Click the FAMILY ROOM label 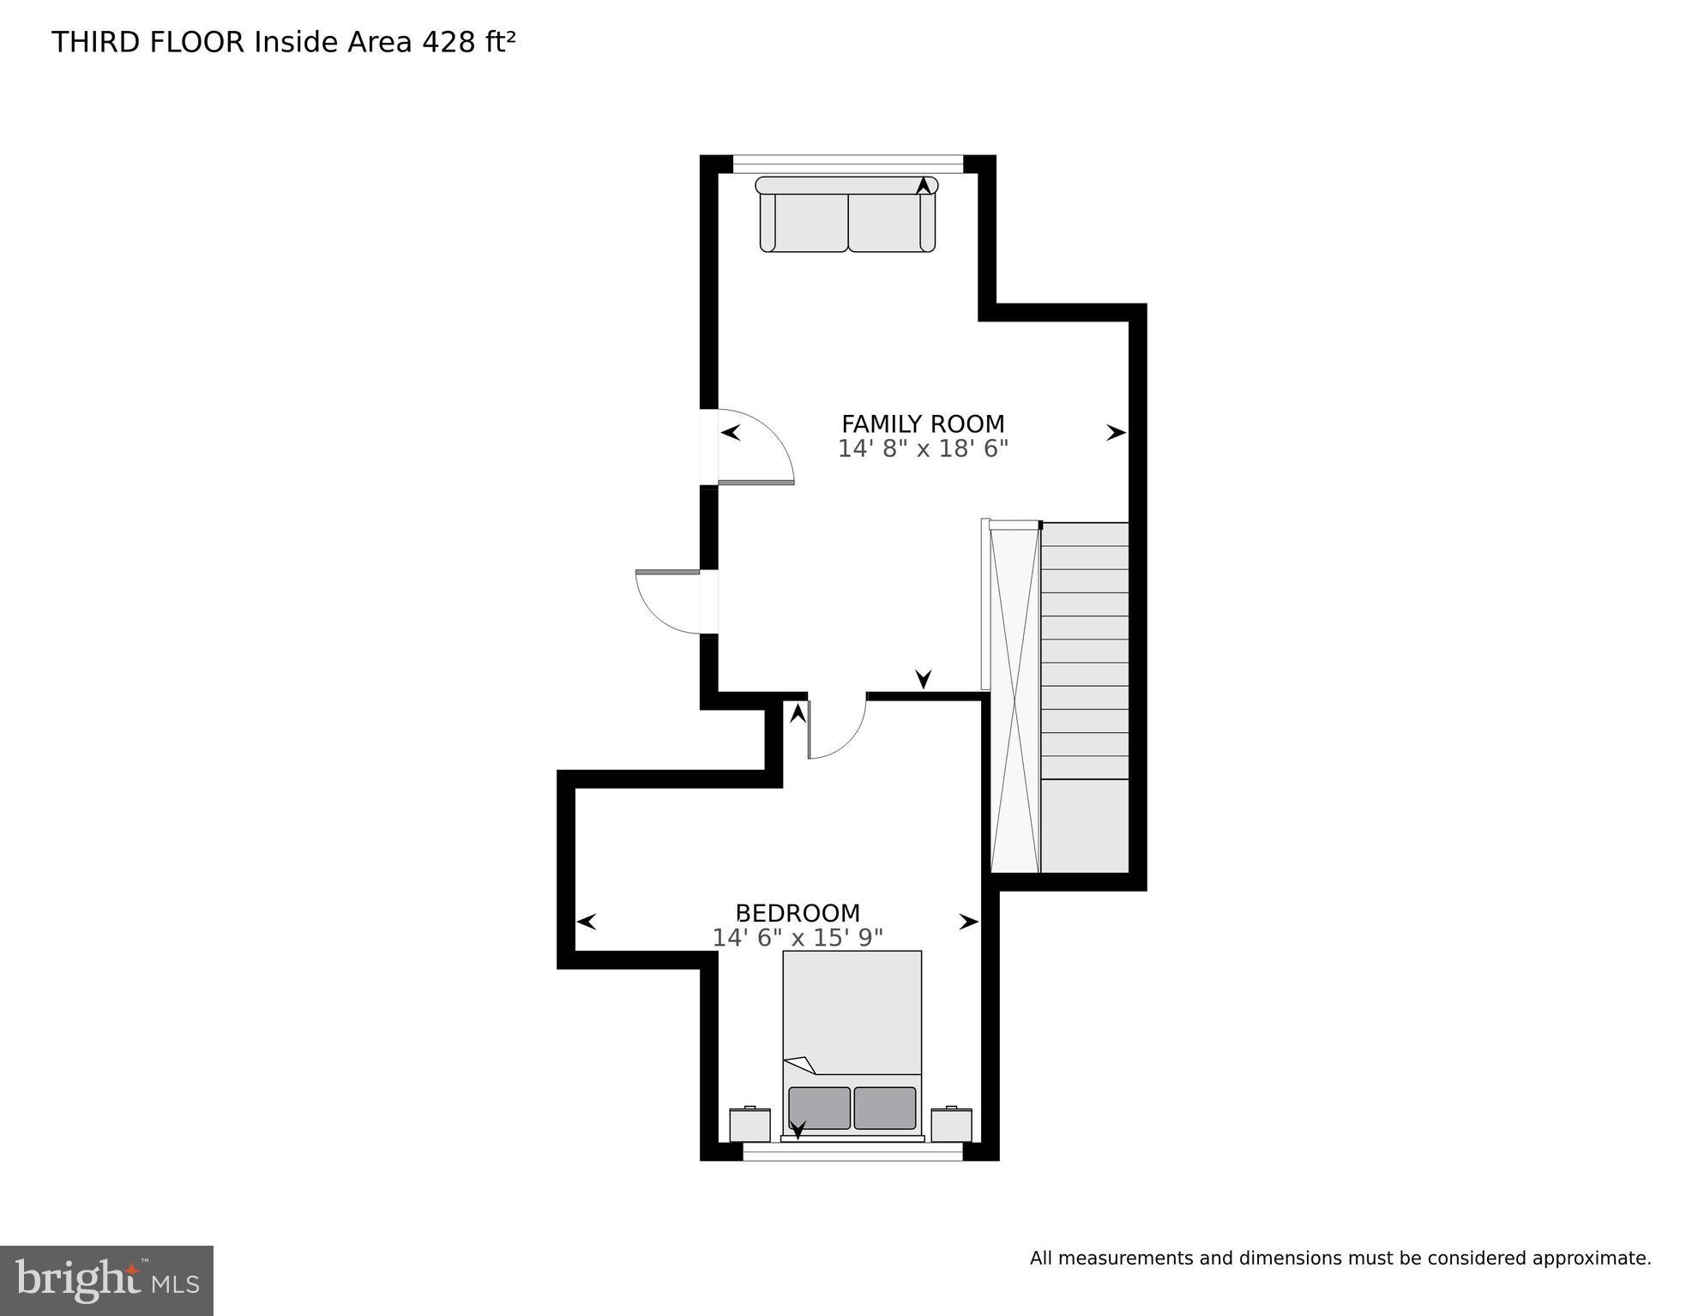(x=922, y=424)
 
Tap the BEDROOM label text (x=798, y=913)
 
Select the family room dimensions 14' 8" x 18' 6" (x=922, y=448)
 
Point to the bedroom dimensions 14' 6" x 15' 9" (x=798, y=938)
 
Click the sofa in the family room (x=847, y=216)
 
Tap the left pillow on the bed (x=819, y=1108)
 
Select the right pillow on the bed (x=885, y=1108)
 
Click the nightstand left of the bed (x=750, y=1124)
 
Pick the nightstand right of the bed (x=951, y=1124)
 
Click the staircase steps (x=1084, y=652)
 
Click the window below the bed (x=852, y=1155)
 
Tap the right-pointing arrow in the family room (x=1115, y=433)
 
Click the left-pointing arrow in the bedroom (x=587, y=922)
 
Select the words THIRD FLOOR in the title (x=148, y=42)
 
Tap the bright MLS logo (x=106, y=1280)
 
